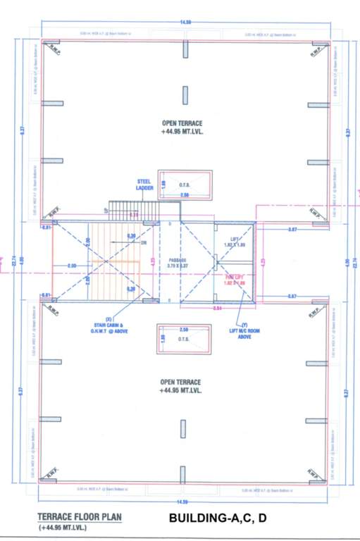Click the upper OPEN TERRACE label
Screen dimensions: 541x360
(182, 126)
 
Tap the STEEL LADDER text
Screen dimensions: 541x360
(145, 185)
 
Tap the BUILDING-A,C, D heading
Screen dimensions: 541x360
(218, 519)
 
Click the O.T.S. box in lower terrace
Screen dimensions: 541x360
(184, 342)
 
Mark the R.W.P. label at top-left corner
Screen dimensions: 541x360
(53, 47)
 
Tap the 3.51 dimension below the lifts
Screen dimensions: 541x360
(219, 308)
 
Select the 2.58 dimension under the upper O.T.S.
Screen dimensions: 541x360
(185, 194)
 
